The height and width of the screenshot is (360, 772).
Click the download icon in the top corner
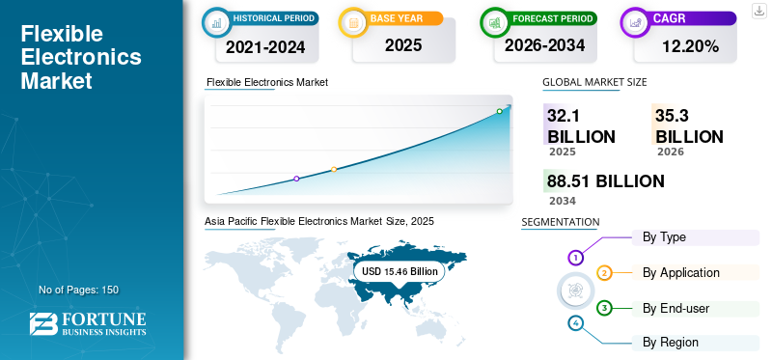click(x=758, y=11)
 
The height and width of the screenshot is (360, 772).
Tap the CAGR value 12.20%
click(x=690, y=46)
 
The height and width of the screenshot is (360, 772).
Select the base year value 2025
click(x=403, y=45)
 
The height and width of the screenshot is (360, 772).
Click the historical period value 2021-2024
click(x=265, y=46)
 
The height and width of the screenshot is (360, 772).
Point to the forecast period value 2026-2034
click(x=544, y=45)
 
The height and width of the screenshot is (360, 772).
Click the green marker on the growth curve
click(x=499, y=111)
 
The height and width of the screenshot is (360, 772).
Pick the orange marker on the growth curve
click(x=334, y=170)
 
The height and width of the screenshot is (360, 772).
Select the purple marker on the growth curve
click(x=296, y=179)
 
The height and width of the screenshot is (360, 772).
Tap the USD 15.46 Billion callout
click(x=400, y=271)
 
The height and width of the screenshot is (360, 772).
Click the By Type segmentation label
click(x=664, y=237)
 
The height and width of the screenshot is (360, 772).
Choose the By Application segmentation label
click(x=681, y=273)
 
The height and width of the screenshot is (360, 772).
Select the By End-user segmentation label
click(x=676, y=309)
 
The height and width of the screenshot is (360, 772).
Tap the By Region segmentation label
click(x=670, y=343)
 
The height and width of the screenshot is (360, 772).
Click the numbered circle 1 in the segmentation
click(x=575, y=257)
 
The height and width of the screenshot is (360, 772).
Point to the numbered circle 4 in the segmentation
click(x=575, y=323)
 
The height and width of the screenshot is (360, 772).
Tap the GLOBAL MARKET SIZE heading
click(x=594, y=82)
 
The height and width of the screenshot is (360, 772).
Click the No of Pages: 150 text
click(x=79, y=290)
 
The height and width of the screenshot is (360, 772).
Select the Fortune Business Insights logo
click(x=88, y=324)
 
